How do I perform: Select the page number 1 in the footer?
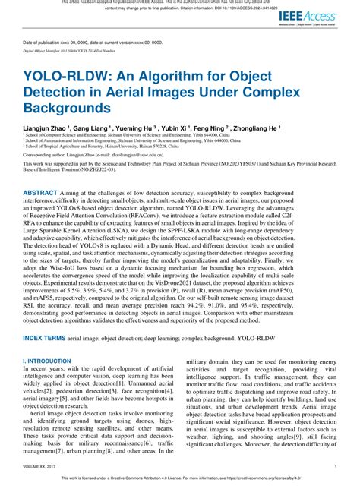pyautogui.click(x=335, y=467)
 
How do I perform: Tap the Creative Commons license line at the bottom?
pyautogui.click(x=180, y=480)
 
